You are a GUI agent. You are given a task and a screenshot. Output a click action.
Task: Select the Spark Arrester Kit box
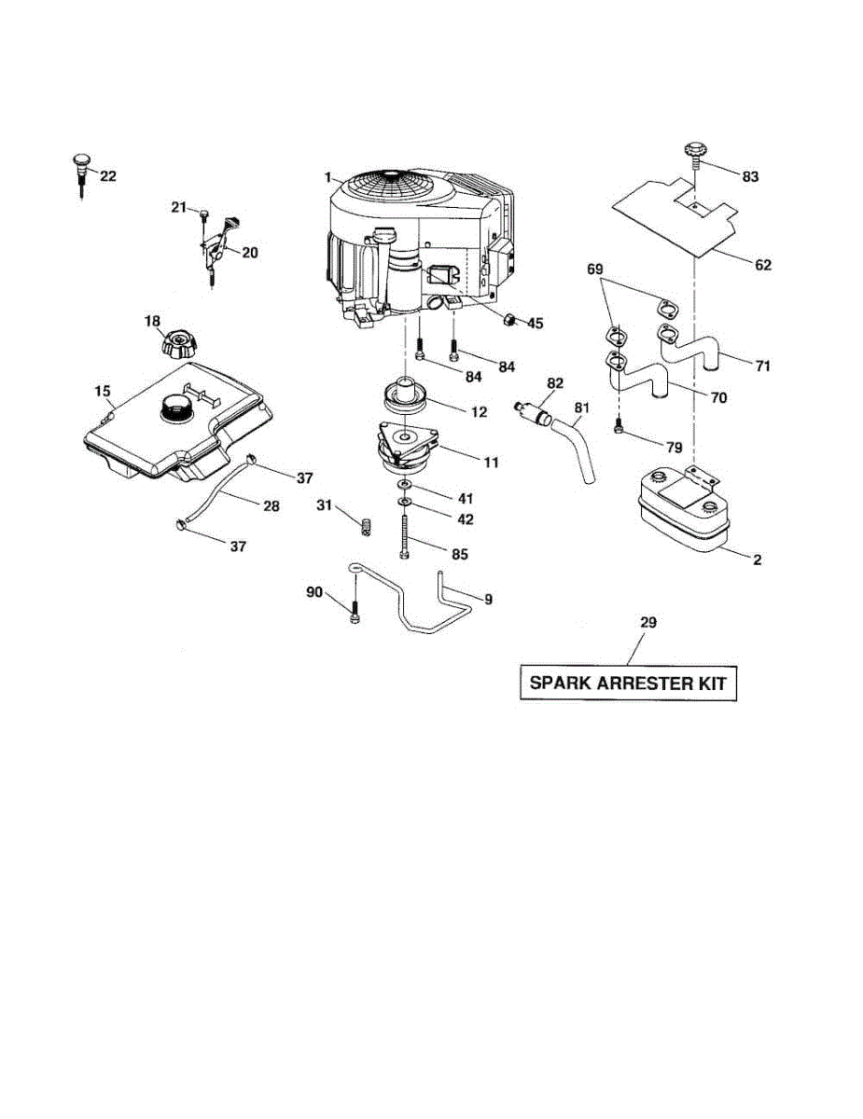tap(627, 683)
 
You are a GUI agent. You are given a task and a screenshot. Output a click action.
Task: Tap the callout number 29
tap(647, 622)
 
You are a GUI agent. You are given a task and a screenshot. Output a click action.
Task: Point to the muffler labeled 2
tap(682, 513)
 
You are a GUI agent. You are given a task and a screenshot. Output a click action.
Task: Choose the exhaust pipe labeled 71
tap(695, 351)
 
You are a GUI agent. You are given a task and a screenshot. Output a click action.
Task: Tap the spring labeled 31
tap(367, 526)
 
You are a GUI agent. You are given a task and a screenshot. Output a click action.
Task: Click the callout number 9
tap(488, 598)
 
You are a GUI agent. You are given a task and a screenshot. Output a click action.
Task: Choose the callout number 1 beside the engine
tap(328, 177)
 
